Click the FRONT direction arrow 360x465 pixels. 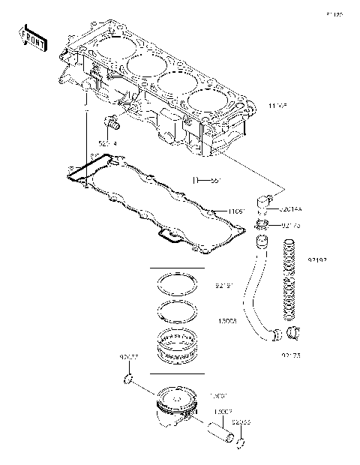pos(33,38)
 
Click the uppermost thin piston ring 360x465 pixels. pos(176,285)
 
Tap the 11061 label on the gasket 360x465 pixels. pos(215,212)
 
